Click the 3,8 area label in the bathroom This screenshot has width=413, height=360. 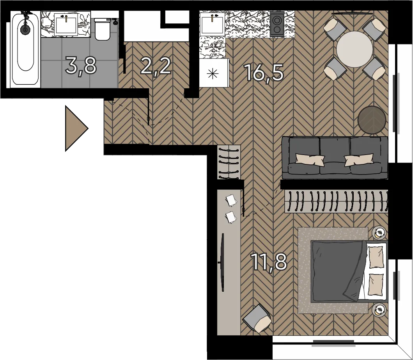(81, 66)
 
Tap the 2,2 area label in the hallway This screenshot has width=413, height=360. (156, 66)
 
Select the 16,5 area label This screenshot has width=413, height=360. (264, 73)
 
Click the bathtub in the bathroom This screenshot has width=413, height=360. (26, 49)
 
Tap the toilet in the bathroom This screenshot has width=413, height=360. (103, 29)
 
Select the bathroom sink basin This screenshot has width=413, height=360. (66, 24)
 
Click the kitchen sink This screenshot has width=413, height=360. (212, 24)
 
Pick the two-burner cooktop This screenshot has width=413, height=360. (277, 24)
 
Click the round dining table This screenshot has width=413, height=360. (355, 49)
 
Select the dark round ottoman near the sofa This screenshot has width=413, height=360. (372, 120)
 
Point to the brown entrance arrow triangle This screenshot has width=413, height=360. (76, 128)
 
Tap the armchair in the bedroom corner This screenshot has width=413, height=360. (257, 318)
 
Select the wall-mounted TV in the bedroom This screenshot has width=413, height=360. (223, 262)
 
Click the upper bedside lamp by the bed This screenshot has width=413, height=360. (379, 233)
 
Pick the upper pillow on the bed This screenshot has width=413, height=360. (376, 257)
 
